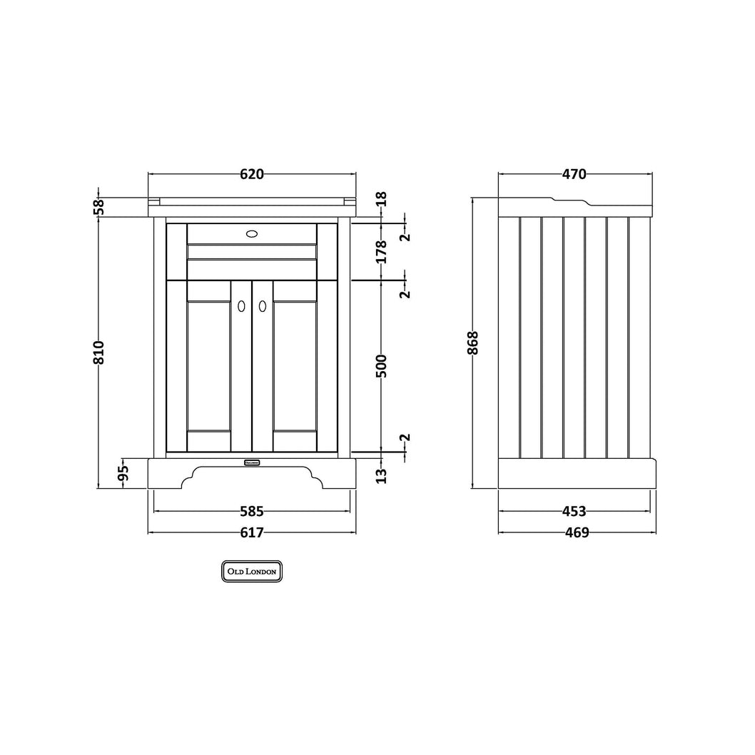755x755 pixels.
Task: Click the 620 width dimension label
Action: tap(252, 174)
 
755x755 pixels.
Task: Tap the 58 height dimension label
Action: tap(98, 207)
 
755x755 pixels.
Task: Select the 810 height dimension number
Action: tap(98, 353)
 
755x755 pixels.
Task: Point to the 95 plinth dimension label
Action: tap(123, 473)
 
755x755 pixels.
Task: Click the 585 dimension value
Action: tap(252, 512)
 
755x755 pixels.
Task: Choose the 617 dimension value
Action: tap(252, 532)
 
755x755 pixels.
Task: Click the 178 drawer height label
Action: tap(381, 251)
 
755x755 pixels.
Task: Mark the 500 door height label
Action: tap(381, 366)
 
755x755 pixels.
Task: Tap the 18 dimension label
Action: tap(381, 199)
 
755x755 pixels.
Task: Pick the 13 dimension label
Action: tap(381, 476)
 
